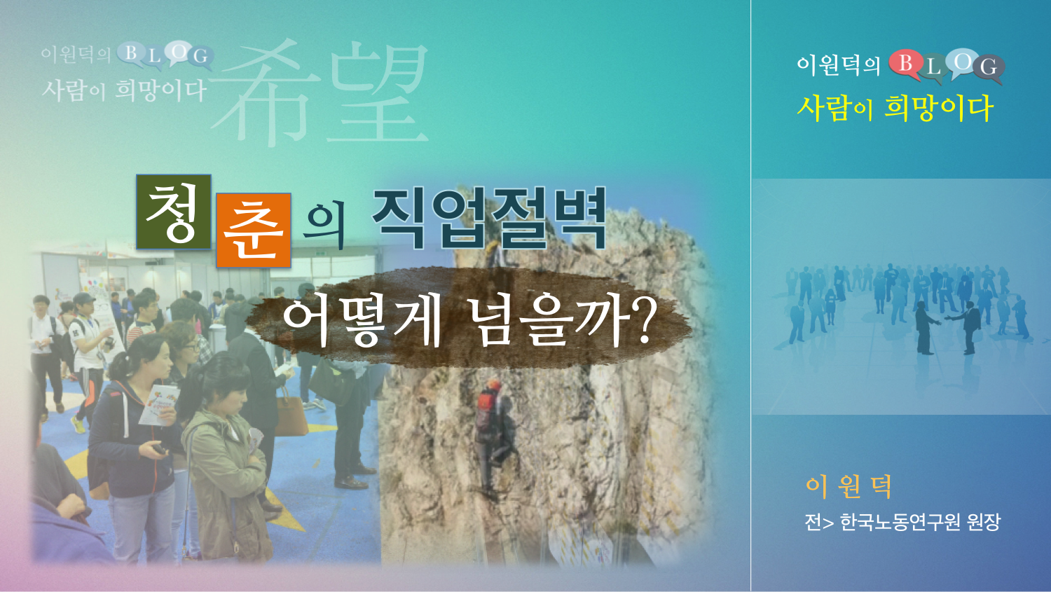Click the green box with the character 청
tap(174, 212)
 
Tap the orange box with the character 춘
tap(254, 230)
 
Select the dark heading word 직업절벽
tap(489, 219)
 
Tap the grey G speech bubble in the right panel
tap(989, 69)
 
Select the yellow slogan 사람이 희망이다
tap(895, 108)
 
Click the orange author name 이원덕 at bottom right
tap(849, 487)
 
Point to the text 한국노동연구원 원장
tap(919, 522)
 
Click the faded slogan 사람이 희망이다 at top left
tap(124, 90)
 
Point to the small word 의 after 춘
tap(323, 226)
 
